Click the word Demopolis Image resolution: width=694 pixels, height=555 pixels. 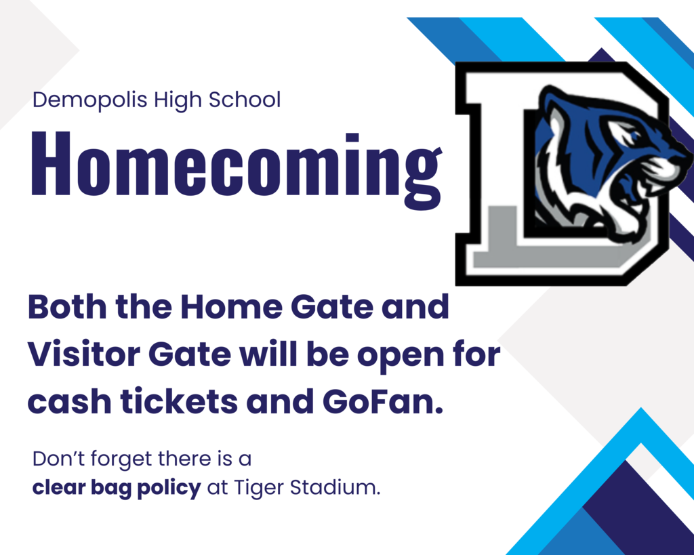[x=90, y=100]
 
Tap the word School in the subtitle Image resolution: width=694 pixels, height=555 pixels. [x=244, y=99]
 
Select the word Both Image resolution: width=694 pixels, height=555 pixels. [x=67, y=306]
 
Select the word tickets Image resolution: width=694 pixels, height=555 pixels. [x=179, y=401]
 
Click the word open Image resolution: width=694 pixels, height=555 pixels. [x=401, y=356]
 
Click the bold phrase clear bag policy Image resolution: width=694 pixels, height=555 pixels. [x=117, y=488]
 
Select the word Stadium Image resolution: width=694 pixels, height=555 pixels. [x=335, y=487]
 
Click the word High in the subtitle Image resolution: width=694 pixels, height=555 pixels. [x=178, y=100]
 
